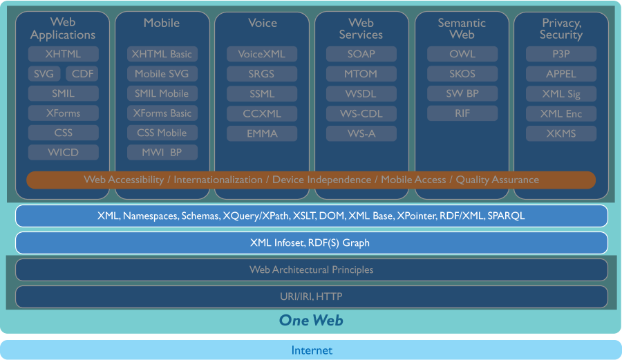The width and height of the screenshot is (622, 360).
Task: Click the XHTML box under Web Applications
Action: (63, 54)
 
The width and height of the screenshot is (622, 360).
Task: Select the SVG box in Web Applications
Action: (44, 74)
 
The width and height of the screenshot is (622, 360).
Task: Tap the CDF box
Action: (82, 74)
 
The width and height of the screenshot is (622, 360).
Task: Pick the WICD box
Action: (63, 153)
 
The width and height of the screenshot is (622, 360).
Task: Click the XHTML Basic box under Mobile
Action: (162, 54)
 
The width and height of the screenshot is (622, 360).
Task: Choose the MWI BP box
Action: (162, 153)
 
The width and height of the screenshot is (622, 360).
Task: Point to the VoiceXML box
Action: (262, 54)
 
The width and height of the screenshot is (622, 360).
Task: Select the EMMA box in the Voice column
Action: (262, 133)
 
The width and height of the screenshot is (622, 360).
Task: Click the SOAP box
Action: (361, 54)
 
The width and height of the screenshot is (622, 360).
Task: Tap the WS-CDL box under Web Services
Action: (361, 113)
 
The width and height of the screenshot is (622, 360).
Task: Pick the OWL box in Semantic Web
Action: (462, 54)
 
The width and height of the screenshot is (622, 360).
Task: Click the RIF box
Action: (462, 113)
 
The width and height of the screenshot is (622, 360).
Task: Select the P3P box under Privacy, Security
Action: (560, 54)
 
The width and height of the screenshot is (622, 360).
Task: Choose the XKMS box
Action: (560, 133)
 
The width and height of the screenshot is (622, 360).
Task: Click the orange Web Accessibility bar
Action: (311, 180)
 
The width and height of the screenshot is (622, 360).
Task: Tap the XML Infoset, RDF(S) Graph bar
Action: (311, 243)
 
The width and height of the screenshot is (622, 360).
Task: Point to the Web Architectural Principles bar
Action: (311, 269)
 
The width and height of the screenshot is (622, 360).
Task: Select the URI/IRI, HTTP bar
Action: (311, 296)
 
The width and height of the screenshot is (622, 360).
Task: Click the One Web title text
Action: (311, 320)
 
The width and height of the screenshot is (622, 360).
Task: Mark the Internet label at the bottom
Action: (311, 350)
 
